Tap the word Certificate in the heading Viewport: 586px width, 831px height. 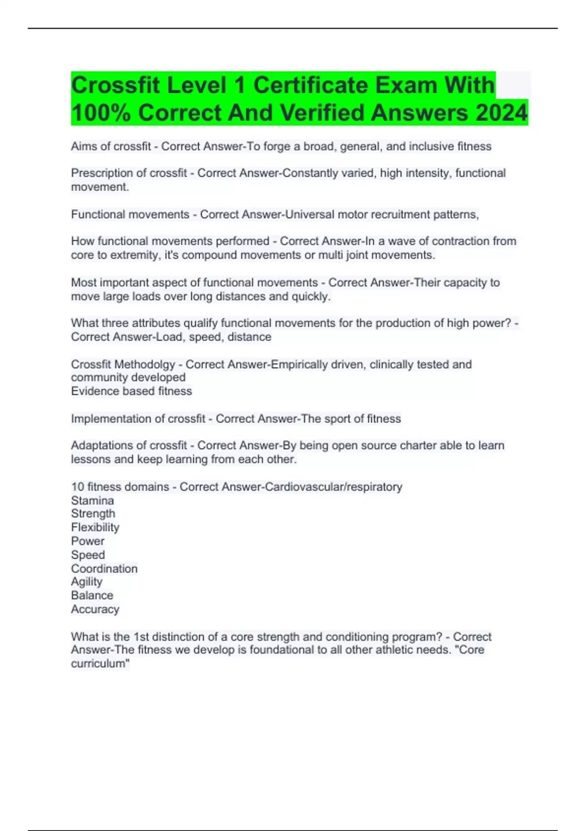(311, 85)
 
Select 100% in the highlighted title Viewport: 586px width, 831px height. (101, 112)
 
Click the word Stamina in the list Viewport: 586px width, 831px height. (92, 501)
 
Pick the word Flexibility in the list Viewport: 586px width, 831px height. (95, 527)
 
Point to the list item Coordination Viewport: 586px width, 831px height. (104, 569)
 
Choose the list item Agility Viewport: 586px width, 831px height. (86, 582)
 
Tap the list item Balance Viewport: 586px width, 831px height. (92, 595)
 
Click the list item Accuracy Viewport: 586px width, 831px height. (95, 609)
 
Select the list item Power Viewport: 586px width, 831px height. (87, 541)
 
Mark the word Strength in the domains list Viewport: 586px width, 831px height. (93, 514)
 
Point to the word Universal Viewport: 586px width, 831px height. (310, 215)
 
